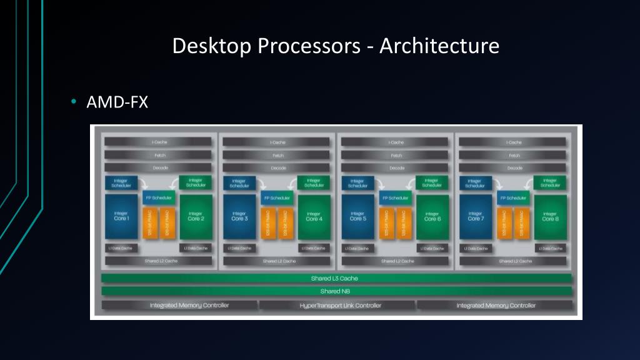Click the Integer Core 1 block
(x=121, y=217)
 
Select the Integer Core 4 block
(x=314, y=217)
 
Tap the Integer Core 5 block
(x=357, y=217)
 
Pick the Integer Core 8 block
(x=550, y=217)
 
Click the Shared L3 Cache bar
(x=336, y=278)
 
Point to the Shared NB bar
(x=336, y=291)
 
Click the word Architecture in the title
(x=439, y=46)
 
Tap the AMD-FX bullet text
(x=117, y=102)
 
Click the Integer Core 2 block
(x=196, y=217)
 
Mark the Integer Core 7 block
(x=476, y=217)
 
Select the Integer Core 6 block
(x=432, y=217)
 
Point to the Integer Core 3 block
(x=239, y=217)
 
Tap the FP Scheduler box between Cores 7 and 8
(x=514, y=198)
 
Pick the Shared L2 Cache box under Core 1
(x=160, y=261)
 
